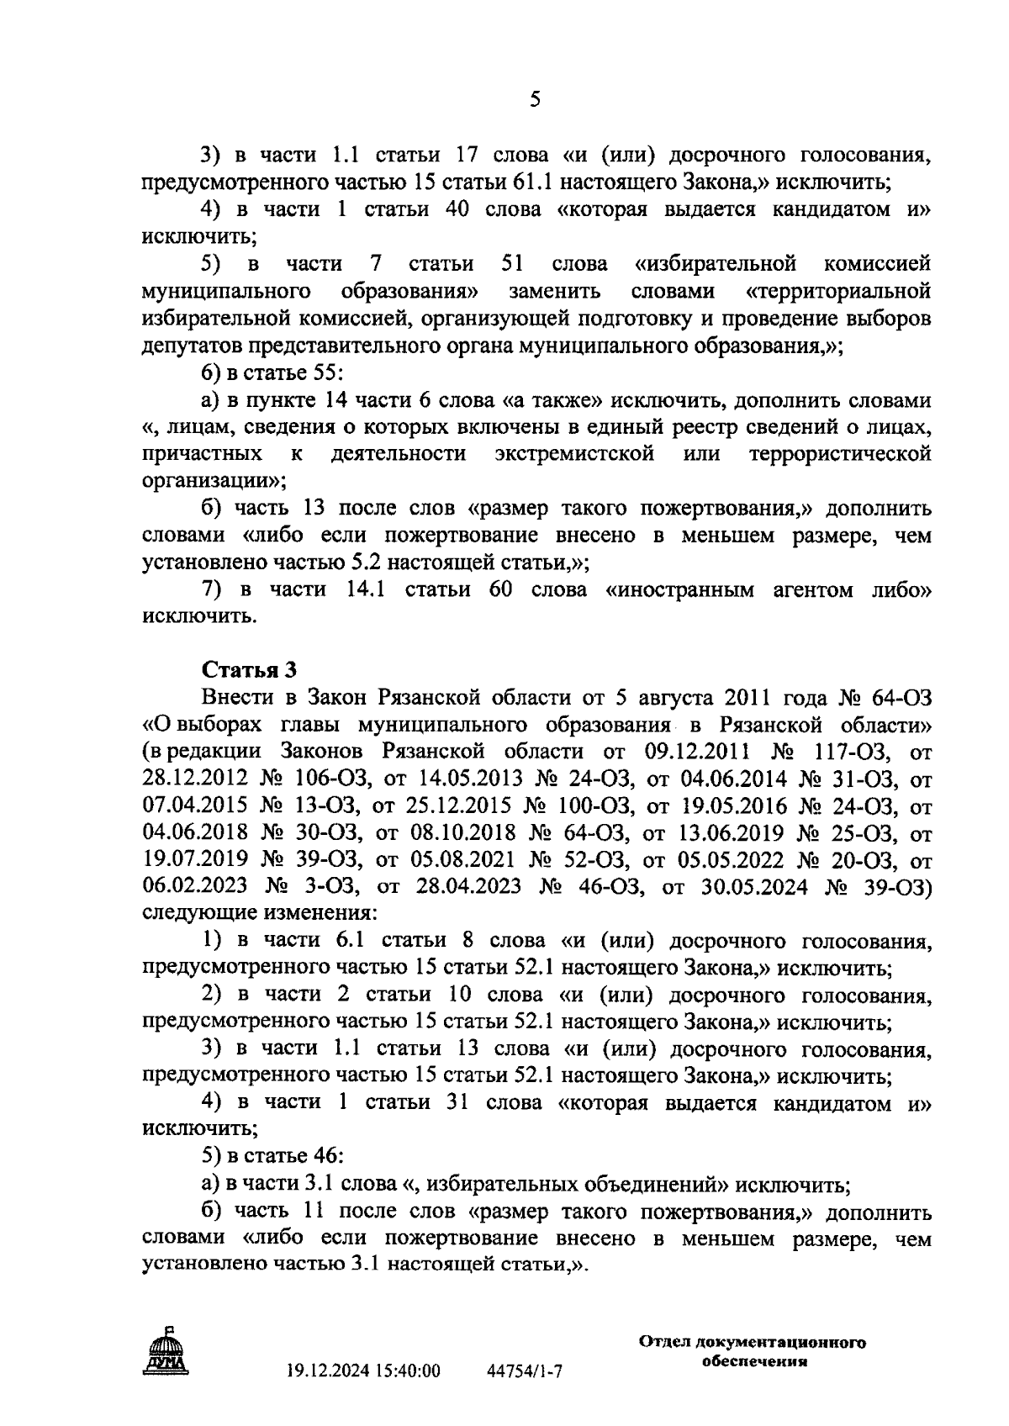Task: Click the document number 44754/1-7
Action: [524, 1371]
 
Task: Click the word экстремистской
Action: [574, 455]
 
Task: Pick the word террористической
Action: [840, 455]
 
